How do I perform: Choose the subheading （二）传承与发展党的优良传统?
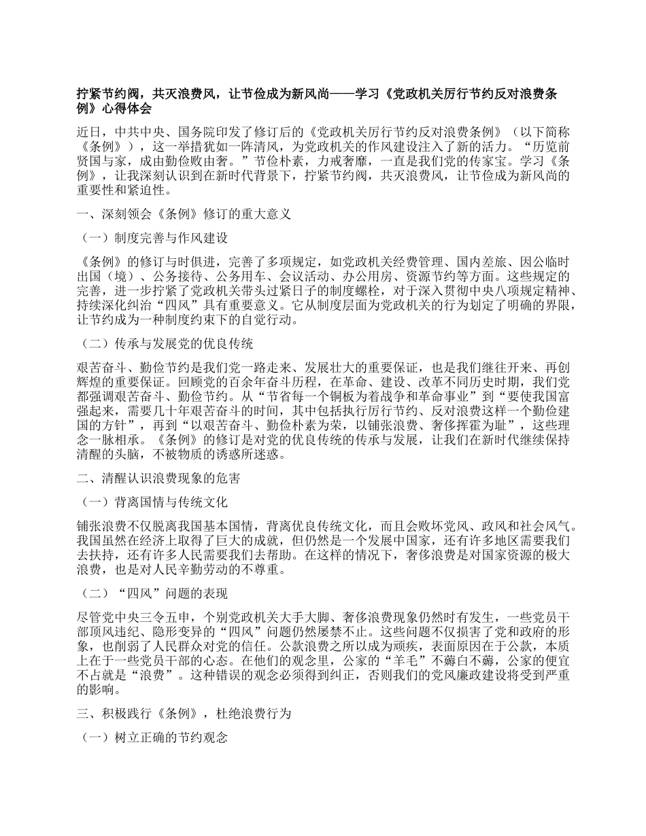click(x=167, y=343)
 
